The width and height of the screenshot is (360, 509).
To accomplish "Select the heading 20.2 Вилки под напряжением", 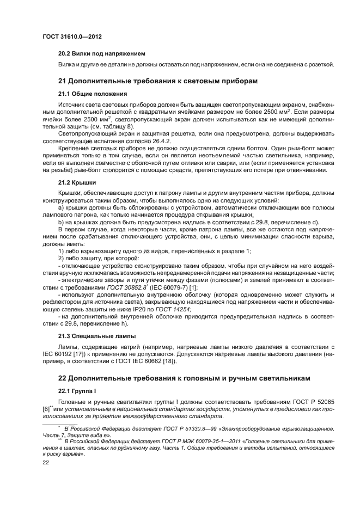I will (x=101, y=54).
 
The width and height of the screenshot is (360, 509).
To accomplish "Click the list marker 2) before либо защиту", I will (x=61, y=258).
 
